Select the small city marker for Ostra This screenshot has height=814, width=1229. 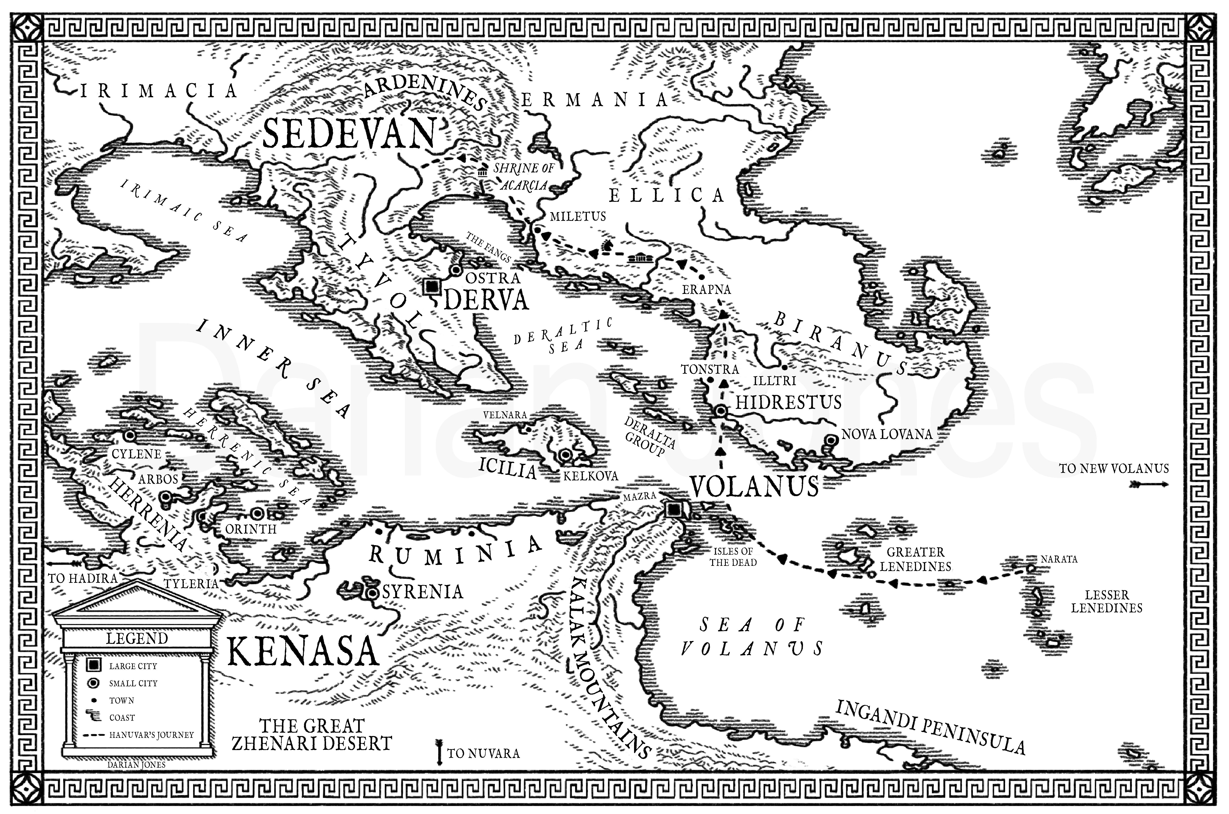tap(456, 270)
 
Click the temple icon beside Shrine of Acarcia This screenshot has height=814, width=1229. tap(482, 172)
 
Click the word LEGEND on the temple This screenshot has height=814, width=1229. tap(137, 638)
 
